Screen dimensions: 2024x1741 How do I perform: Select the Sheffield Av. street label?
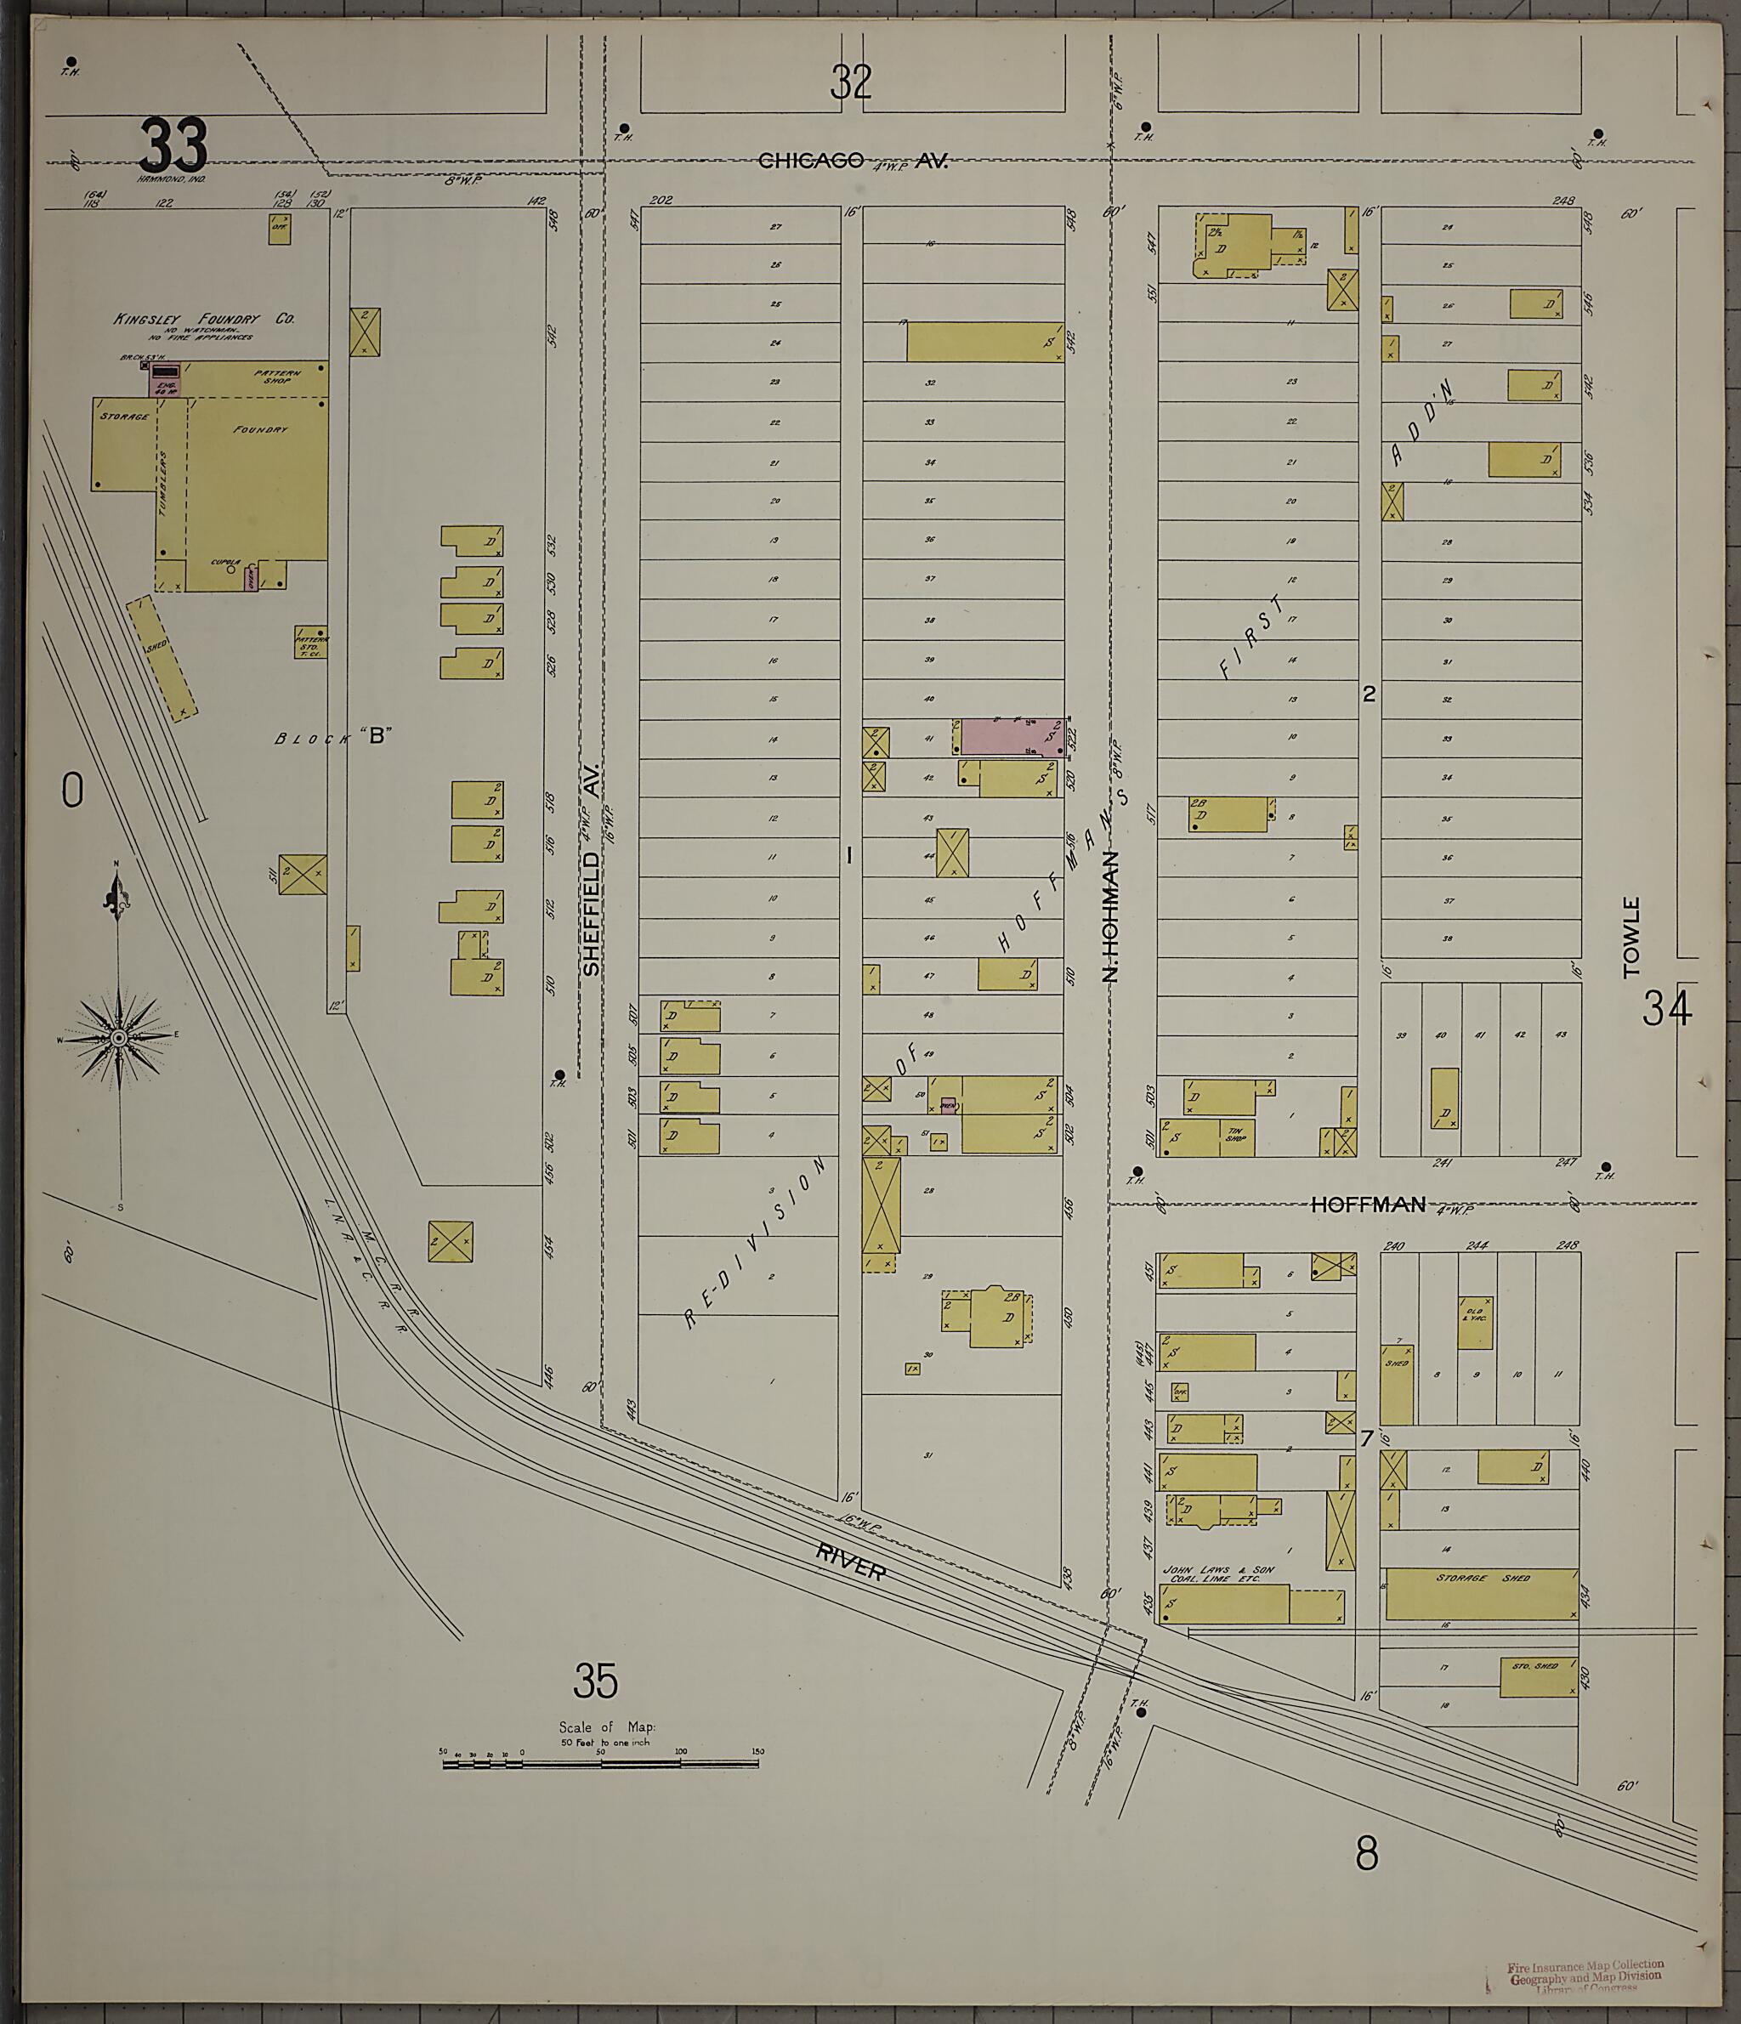click(591, 869)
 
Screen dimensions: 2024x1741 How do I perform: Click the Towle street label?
click(1630, 938)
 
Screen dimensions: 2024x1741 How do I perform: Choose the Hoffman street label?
click(1368, 1205)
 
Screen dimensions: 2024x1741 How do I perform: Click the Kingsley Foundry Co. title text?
click(203, 319)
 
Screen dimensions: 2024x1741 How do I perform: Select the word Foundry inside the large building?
click(260, 428)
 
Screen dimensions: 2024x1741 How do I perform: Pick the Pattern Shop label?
click(277, 376)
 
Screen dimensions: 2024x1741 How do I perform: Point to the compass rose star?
click(118, 1037)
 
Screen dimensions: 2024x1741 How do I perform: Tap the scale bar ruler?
click(600, 1763)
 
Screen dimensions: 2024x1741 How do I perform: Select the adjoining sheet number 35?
click(596, 1682)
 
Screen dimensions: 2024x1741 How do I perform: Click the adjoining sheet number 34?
click(1666, 1008)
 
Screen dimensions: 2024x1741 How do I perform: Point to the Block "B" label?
click(332, 738)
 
